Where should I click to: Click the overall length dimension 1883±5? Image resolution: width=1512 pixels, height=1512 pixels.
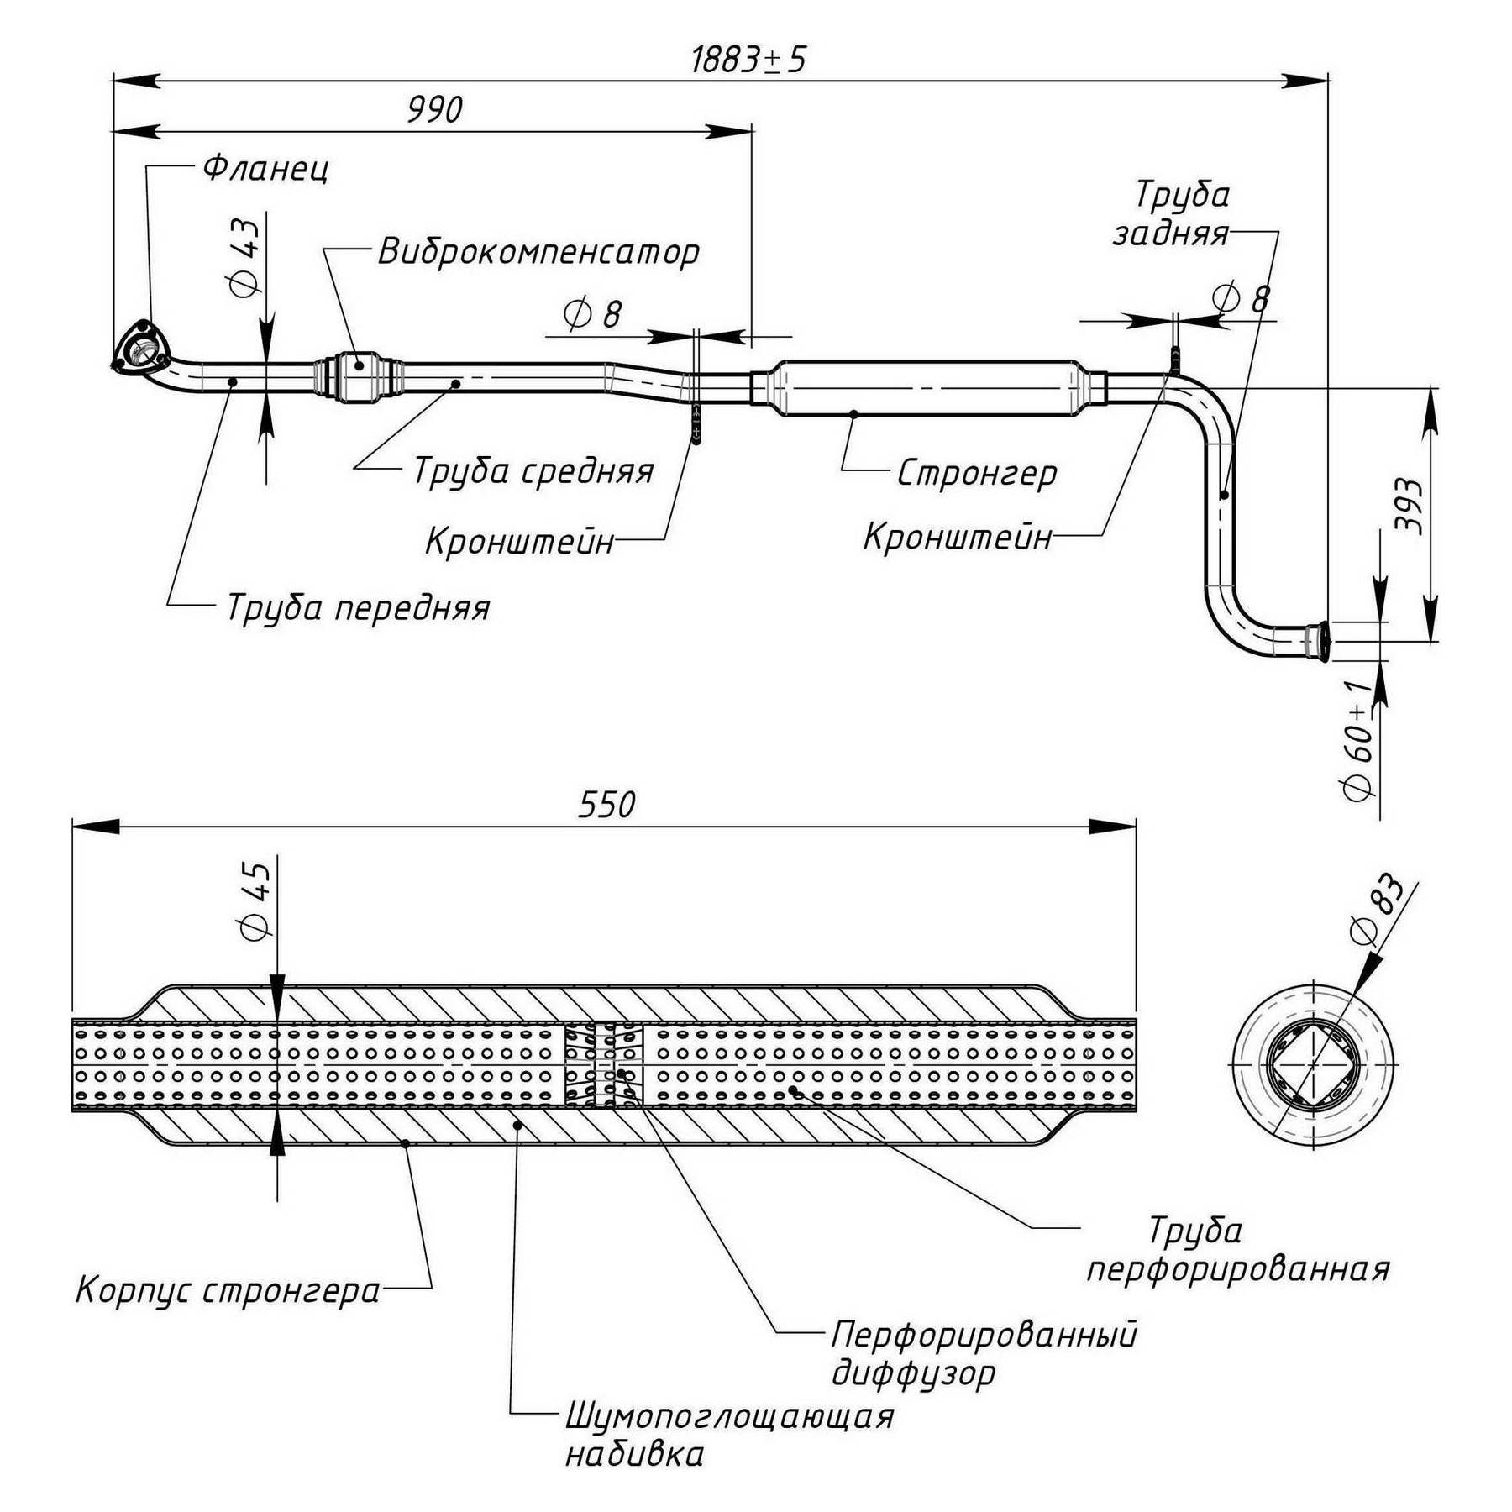click(x=748, y=60)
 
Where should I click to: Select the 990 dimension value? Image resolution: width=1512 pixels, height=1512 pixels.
click(x=434, y=110)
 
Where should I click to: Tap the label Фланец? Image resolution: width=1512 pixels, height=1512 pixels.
click(x=265, y=169)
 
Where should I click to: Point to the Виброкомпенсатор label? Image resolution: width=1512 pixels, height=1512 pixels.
click(x=538, y=252)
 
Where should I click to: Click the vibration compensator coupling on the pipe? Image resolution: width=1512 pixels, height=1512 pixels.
click(x=360, y=378)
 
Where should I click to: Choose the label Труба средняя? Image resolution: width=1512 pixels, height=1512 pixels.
click(x=533, y=471)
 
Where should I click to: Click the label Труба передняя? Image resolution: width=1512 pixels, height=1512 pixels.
click(x=358, y=607)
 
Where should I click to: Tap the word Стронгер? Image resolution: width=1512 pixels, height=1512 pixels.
click(x=977, y=473)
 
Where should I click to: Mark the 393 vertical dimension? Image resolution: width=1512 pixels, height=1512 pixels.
click(x=1409, y=506)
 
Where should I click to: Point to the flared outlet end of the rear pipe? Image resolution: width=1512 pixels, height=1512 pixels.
click(x=1318, y=642)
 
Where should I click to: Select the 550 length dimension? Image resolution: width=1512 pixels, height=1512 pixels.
click(x=606, y=805)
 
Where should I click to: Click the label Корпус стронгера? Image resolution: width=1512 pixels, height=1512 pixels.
click(x=228, y=1290)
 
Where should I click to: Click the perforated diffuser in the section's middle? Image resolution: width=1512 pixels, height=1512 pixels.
click(x=603, y=1064)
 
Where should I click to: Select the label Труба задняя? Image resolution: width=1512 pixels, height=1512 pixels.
click(x=1172, y=214)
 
